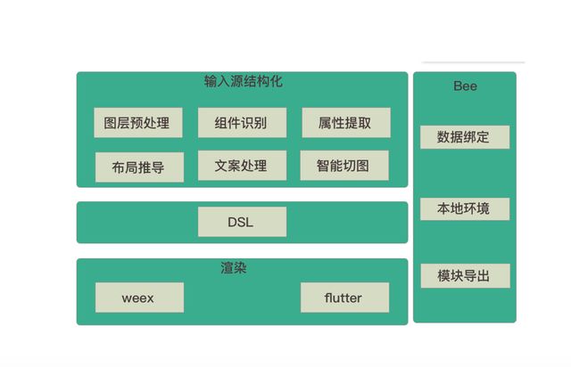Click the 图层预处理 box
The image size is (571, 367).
(137, 123)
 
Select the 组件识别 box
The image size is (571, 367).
(242, 123)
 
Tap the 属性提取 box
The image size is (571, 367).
(344, 123)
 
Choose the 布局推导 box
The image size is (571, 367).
(138, 167)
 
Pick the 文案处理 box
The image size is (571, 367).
(242, 166)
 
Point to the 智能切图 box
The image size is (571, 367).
(344, 166)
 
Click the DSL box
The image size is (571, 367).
(242, 222)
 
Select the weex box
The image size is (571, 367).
(138, 298)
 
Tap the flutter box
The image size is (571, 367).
(344, 298)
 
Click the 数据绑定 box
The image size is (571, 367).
(464, 137)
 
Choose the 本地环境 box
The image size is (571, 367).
(464, 209)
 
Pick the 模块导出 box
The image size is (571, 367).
(464, 276)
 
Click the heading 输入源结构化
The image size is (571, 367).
(243, 82)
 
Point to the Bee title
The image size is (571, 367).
(465, 86)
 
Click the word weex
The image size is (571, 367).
(138, 298)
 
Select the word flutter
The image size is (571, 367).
(344, 298)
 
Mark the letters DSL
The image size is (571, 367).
(241, 222)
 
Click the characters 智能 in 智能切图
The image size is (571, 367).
(330, 166)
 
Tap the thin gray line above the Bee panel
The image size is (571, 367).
(473, 62)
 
